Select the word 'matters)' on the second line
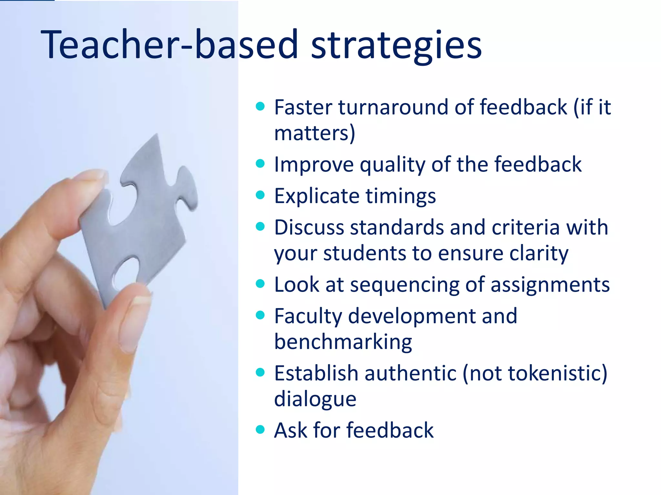(x=314, y=133)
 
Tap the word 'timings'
(x=401, y=196)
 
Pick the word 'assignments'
(x=550, y=285)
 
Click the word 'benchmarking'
(x=343, y=342)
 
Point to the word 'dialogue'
(x=315, y=399)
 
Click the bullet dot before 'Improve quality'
(x=260, y=164)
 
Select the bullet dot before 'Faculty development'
(x=260, y=315)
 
